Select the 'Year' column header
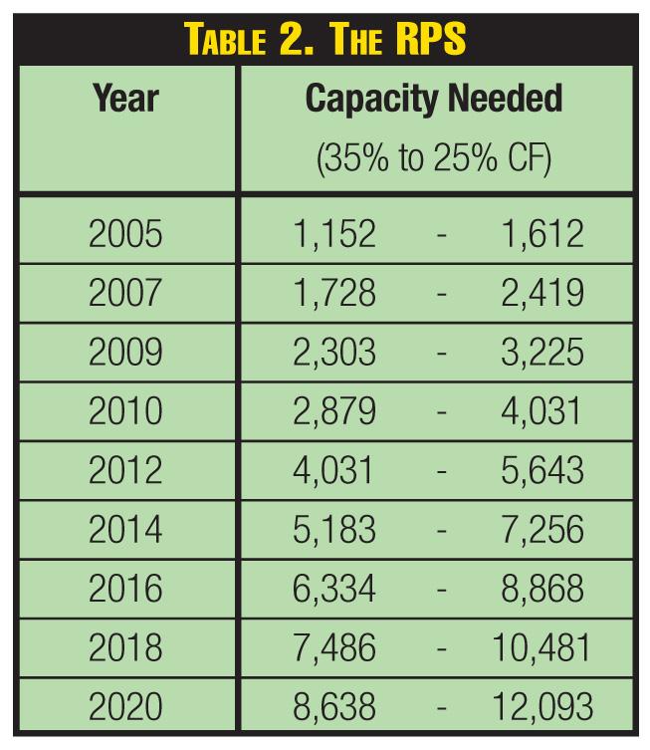point(125,100)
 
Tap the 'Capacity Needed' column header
point(433,100)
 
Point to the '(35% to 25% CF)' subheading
point(433,160)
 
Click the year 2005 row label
point(124,235)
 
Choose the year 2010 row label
point(124,412)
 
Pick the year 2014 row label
point(124,530)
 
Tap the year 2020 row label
point(124,707)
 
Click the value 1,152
point(334,235)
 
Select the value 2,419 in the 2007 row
point(542,294)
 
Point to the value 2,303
point(334,353)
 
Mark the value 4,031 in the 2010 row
point(542,412)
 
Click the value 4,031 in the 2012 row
point(334,471)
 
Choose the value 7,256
point(542,530)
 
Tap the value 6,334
point(334,589)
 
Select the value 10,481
point(542,648)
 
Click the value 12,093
point(542,707)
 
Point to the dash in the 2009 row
point(441,354)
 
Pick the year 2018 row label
point(124,648)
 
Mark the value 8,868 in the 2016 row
point(542,589)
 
